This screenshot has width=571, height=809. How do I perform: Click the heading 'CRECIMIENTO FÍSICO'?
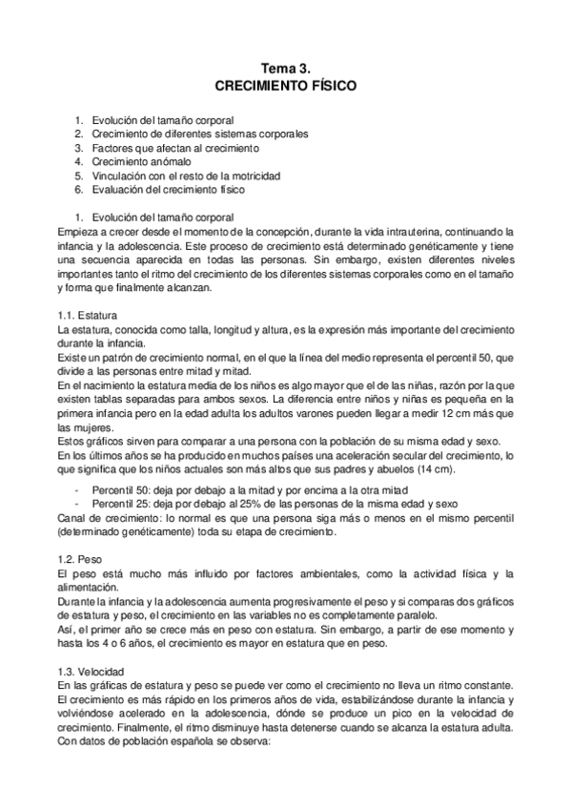coord(285,86)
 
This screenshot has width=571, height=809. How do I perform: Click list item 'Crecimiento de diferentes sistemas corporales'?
coord(199,135)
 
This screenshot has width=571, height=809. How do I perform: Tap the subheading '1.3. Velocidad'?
coord(92,673)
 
